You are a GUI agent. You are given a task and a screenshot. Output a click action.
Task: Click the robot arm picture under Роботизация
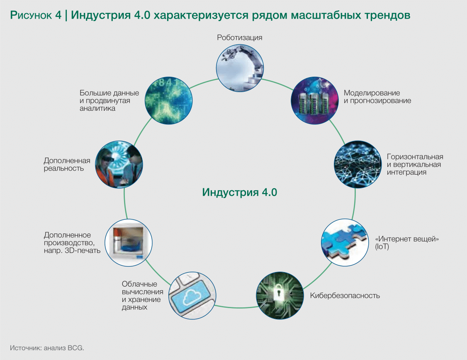tap(240, 68)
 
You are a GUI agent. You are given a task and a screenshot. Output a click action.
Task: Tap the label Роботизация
tap(239, 37)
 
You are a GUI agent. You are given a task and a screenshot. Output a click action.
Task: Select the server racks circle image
tap(314, 100)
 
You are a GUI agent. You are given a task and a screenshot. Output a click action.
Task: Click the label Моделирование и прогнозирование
tap(377, 97)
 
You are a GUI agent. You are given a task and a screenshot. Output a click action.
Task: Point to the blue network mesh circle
tap(358, 164)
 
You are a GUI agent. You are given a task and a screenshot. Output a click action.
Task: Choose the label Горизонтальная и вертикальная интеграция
tap(415, 164)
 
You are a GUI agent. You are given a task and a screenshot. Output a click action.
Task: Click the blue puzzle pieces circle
tap(345, 242)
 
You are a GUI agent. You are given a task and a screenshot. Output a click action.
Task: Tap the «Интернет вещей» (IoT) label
tap(407, 243)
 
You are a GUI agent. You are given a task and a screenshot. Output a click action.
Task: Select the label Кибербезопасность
tap(345, 295)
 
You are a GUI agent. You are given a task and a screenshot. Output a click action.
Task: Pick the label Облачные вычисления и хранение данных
tap(142, 295)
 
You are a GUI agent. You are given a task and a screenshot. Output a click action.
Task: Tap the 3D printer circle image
tap(129, 243)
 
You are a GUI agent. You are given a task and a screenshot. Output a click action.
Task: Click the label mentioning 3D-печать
tap(72, 243)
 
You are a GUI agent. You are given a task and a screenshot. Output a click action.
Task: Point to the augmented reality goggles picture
tap(119, 164)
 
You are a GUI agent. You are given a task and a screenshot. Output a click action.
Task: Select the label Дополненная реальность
tap(67, 164)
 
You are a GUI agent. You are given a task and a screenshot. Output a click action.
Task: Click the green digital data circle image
tap(168, 100)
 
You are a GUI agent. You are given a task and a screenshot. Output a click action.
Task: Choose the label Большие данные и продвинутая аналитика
tap(109, 100)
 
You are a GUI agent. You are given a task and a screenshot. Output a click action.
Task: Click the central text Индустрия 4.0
tap(239, 192)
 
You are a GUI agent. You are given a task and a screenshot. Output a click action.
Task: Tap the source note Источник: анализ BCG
tap(47, 348)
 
